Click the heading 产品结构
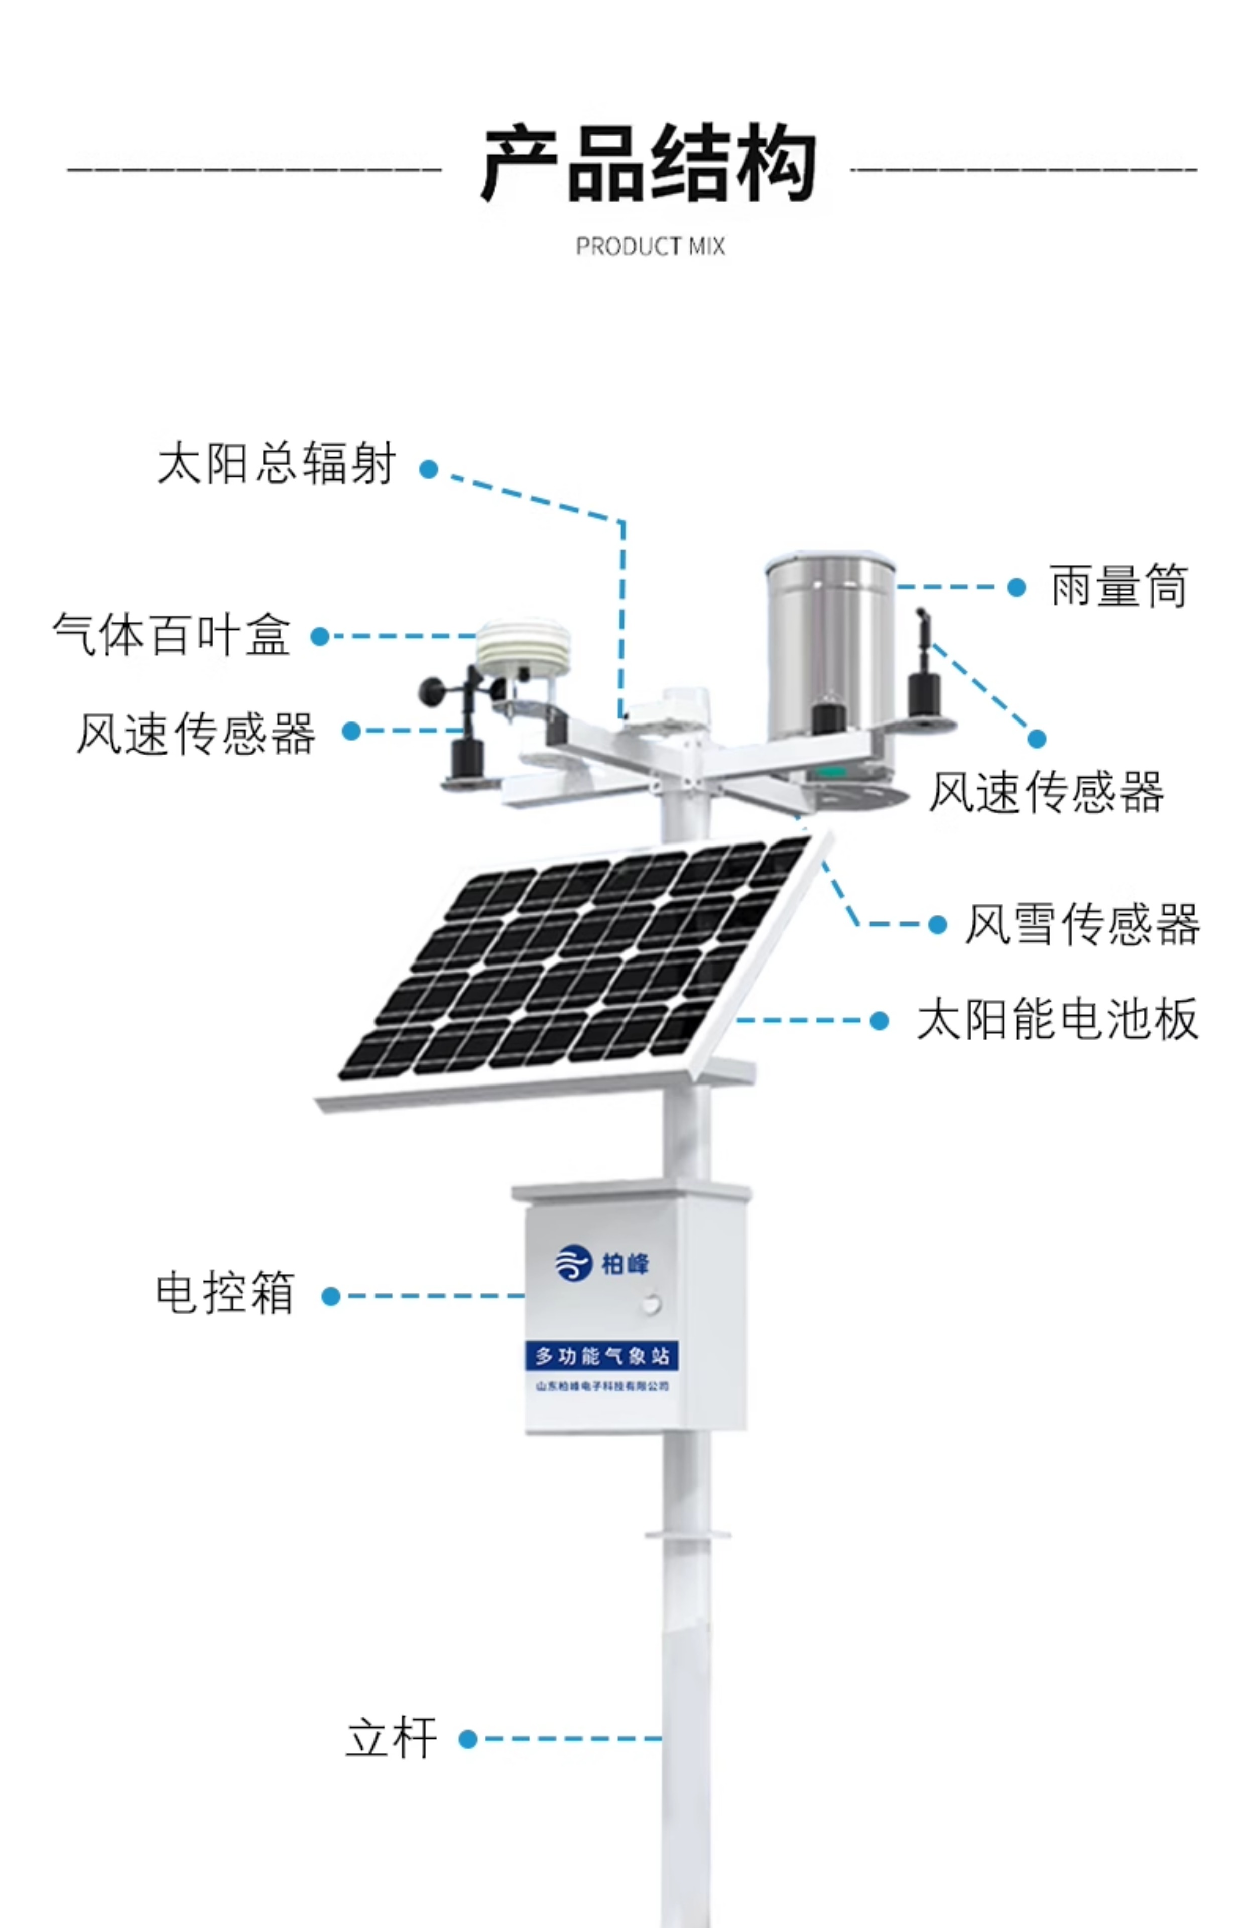[x=649, y=164]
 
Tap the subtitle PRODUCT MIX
[x=650, y=246]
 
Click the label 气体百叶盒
[x=171, y=635]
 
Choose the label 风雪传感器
[x=1082, y=924]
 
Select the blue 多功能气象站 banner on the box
[x=601, y=1356]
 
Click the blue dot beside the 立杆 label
[x=467, y=1739]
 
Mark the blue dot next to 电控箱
[x=331, y=1297]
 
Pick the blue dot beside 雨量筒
[x=1016, y=588]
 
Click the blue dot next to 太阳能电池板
[x=880, y=1021]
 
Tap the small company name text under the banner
[x=601, y=1386]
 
